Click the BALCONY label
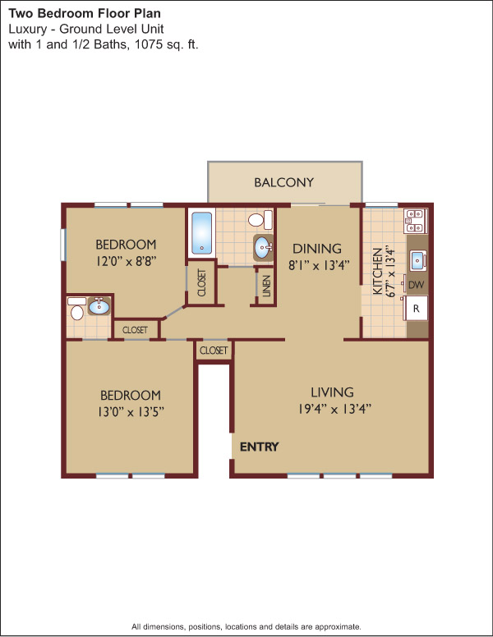[x=284, y=182]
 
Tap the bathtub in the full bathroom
[x=202, y=233]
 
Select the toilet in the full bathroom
[x=260, y=219]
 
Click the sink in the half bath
[x=99, y=306]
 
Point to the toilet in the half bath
[x=77, y=309]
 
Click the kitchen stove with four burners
[x=415, y=222]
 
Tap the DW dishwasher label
[x=416, y=285]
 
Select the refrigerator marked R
[x=416, y=309]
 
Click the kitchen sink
[x=417, y=261]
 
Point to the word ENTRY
[x=259, y=447]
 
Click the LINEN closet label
[x=266, y=286]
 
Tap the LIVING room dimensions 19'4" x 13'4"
[x=334, y=409]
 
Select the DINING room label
[x=317, y=249]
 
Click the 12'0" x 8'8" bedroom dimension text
[x=126, y=261]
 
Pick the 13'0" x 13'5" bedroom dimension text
[x=131, y=412]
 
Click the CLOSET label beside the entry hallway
[x=214, y=351]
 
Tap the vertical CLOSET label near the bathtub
[x=202, y=282]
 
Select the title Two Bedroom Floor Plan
[x=85, y=13]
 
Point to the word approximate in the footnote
[x=338, y=626]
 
